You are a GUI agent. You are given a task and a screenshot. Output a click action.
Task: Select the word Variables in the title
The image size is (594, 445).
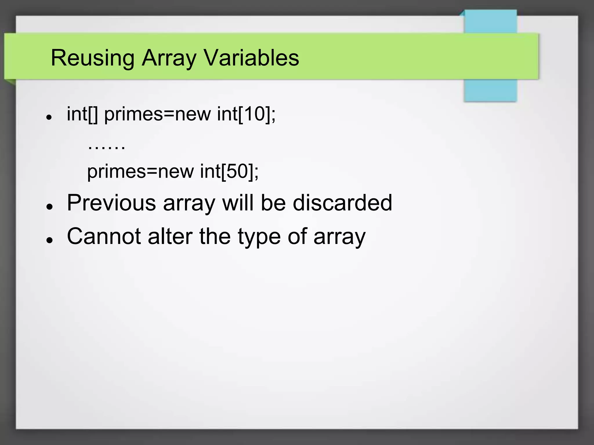click(x=251, y=58)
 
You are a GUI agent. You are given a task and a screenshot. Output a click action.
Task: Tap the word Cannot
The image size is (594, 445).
click(x=104, y=236)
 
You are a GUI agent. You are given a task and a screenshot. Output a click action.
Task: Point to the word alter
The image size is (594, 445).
click(x=170, y=236)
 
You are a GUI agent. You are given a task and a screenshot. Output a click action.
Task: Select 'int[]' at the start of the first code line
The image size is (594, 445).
click(x=82, y=114)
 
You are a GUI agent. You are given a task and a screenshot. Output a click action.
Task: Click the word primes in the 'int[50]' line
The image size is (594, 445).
click(x=116, y=172)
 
